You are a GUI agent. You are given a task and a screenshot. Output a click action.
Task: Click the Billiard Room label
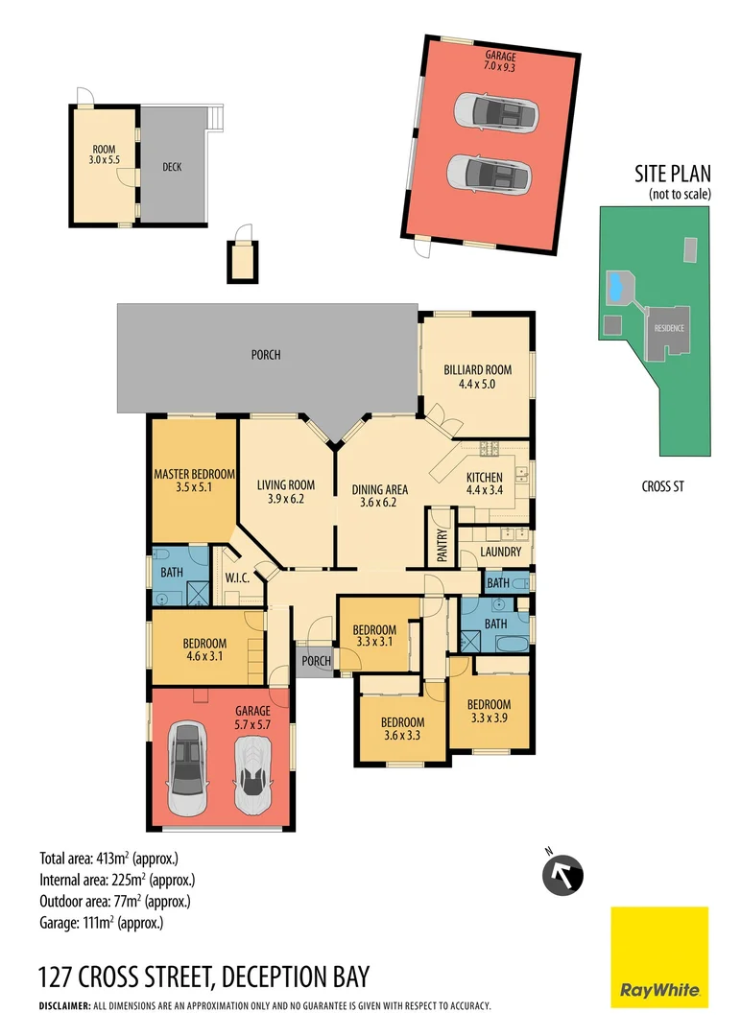coord(477,376)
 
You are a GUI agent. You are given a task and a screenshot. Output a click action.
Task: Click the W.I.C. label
coord(237,578)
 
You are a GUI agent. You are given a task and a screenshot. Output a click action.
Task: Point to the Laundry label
coord(500,553)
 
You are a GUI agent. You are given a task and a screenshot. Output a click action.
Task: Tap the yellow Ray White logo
coord(659,956)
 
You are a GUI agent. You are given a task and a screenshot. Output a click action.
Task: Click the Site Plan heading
coord(672,175)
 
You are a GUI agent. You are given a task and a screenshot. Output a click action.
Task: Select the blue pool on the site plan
coord(614,285)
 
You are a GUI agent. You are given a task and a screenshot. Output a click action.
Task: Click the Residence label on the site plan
coord(670,328)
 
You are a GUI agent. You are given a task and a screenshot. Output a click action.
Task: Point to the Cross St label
coord(662,486)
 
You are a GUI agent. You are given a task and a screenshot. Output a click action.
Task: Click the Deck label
coord(172,167)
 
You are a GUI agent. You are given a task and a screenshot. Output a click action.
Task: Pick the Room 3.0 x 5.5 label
coord(104,155)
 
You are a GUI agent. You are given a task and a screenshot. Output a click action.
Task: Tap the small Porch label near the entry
coord(316,661)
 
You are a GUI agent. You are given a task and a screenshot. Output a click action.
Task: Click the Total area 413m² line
coord(108,858)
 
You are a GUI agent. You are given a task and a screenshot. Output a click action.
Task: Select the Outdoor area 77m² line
coord(114,901)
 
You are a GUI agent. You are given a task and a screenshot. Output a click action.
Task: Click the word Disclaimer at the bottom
coord(63,1006)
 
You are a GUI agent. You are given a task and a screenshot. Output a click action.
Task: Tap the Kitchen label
coord(484,484)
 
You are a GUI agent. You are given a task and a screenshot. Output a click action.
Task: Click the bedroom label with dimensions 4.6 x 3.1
coord(204,649)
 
